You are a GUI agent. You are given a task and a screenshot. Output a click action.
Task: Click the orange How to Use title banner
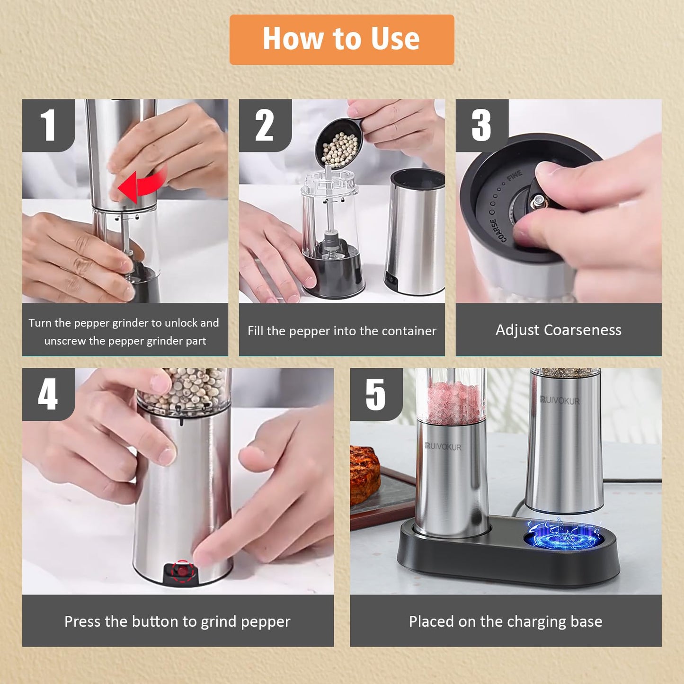tap(341, 39)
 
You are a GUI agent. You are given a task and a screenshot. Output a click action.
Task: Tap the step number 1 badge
tap(48, 125)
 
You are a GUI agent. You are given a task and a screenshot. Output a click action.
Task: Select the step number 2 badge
tap(265, 125)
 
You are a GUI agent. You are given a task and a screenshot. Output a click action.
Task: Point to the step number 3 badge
tap(481, 125)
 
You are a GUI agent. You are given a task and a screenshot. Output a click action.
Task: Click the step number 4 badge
tap(48, 394)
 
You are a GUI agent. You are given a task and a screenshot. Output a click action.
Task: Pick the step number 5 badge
tap(376, 394)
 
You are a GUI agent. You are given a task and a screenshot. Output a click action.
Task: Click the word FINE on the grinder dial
tap(514, 176)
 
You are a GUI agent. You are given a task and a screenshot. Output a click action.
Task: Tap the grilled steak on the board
tap(364, 473)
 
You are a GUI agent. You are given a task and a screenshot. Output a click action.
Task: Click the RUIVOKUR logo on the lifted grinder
tap(560, 400)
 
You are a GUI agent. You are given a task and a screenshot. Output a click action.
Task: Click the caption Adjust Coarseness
tap(558, 330)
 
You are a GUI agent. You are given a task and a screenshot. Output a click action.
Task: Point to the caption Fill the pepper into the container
tap(342, 331)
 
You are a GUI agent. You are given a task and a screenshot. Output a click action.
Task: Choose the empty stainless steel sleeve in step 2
tap(415, 232)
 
